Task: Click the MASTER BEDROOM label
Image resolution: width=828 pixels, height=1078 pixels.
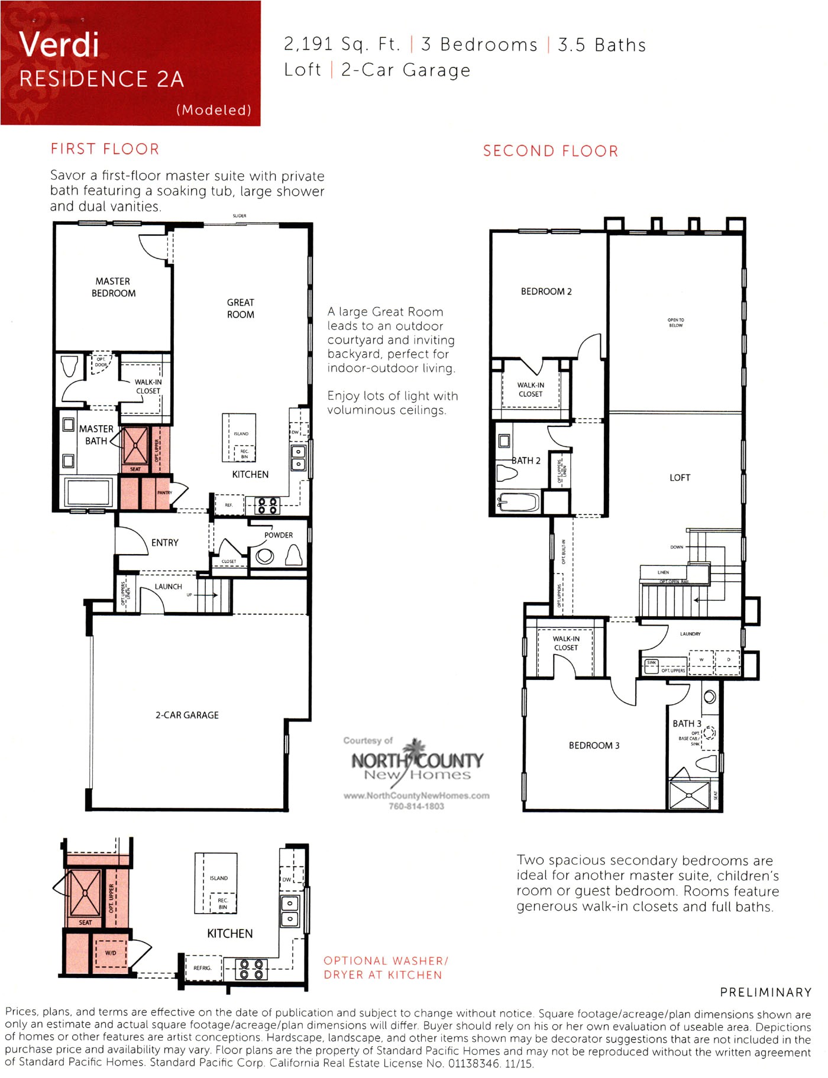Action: [x=113, y=287]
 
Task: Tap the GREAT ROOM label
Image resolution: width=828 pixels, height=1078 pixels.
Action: [x=240, y=308]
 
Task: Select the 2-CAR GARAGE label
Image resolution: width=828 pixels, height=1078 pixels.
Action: [x=187, y=715]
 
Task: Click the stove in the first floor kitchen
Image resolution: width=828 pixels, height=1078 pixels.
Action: [x=266, y=506]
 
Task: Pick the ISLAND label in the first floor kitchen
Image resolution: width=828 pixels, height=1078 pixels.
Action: [x=241, y=433]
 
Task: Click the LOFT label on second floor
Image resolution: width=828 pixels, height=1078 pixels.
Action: [x=680, y=477]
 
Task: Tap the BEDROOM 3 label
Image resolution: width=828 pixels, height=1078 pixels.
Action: [x=594, y=745]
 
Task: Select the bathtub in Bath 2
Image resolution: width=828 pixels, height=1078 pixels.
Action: [x=518, y=503]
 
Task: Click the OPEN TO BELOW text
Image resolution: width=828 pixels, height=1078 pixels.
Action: [x=675, y=322]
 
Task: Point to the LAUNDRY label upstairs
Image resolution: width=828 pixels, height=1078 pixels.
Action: [x=690, y=634]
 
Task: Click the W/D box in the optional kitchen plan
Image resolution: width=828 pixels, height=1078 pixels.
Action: [x=111, y=953]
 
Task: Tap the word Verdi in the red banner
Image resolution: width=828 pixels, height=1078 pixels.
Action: [x=59, y=44]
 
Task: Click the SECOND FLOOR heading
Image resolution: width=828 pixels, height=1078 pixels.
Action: [x=550, y=151]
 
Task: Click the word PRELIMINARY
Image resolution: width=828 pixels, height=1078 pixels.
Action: [x=765, y=992]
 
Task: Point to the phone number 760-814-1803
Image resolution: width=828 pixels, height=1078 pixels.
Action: [x=416, y=806]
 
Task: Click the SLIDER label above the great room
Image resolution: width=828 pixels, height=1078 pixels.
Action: [x=240, y=216]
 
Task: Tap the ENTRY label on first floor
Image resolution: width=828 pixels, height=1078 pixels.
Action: [x=164, y=542]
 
